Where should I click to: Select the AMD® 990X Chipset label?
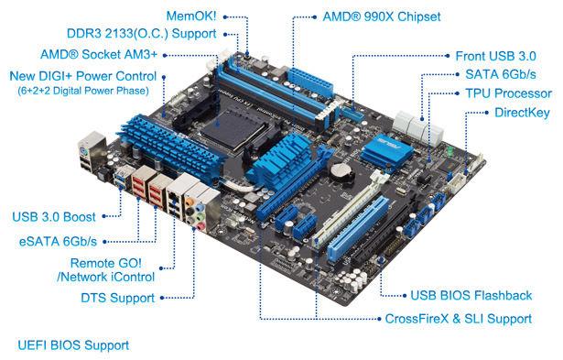click(x=382, y=16)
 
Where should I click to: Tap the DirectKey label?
click(x=522, y=113)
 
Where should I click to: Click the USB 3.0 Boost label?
click(x=54, y=218)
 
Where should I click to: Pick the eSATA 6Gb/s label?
click(x=56, y=241)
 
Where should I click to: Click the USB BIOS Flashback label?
click(x=469, y=295)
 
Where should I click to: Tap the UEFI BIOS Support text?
click(x=73, y=345)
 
